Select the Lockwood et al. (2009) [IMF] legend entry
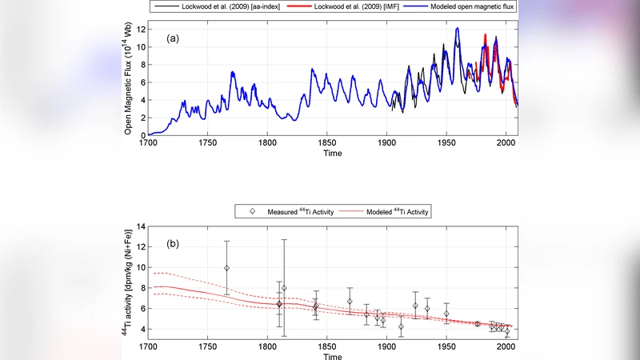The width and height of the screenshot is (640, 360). (x=359, y=6)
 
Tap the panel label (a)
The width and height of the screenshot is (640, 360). (x=174, y=38)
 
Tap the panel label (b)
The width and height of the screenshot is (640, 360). (x=174, y=242)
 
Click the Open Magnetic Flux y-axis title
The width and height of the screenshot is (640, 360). (x=128, y=79)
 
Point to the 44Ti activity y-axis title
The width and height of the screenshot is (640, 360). (x=128, y=283)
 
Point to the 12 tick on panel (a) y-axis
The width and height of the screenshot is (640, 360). (x=139, y=30)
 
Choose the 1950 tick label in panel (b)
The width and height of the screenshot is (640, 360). (x=446, y=346)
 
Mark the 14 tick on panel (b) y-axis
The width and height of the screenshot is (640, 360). (x=139, y=227)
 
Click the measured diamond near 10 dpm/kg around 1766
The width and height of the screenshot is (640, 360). (x=226, y=268)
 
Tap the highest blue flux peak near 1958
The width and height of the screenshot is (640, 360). (x=458, y=28)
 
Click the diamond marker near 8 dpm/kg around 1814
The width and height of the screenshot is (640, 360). (x=284, y=288)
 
